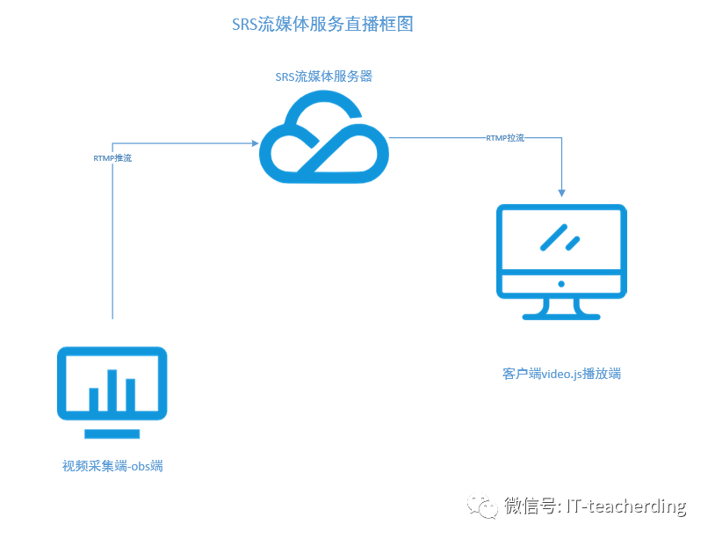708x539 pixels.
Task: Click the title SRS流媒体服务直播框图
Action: (322, 24)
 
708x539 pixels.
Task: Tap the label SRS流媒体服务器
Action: (323, 76)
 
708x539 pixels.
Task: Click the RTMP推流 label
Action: (113, 158)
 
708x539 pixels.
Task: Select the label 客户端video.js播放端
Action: (561, 374)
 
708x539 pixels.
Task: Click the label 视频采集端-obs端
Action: (112, 466)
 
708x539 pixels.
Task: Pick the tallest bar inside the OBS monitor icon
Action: (112, 390)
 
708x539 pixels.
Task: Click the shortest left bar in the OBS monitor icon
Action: (94, 400)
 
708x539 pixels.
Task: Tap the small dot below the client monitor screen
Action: (561, 284)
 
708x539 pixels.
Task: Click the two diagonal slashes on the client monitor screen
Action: (560, 237)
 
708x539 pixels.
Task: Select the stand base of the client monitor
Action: (561, 315)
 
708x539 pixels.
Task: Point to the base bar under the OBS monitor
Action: (112, 433)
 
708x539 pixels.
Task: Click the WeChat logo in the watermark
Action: (483, 507)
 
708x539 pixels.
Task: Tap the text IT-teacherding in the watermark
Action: (626, 506)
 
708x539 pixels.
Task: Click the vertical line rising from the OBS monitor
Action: (113, 237)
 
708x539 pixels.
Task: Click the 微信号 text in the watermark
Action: (530, 506)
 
